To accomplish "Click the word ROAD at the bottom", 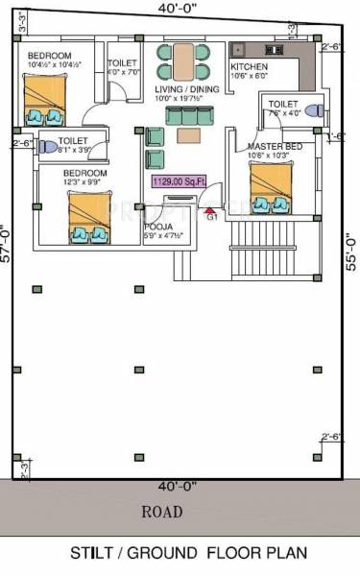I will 161,511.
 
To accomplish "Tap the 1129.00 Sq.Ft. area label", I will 178,180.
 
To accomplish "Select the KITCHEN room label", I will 249,67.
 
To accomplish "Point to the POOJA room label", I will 159,227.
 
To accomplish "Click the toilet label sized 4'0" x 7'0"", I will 121,66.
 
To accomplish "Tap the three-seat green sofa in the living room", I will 187,115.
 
